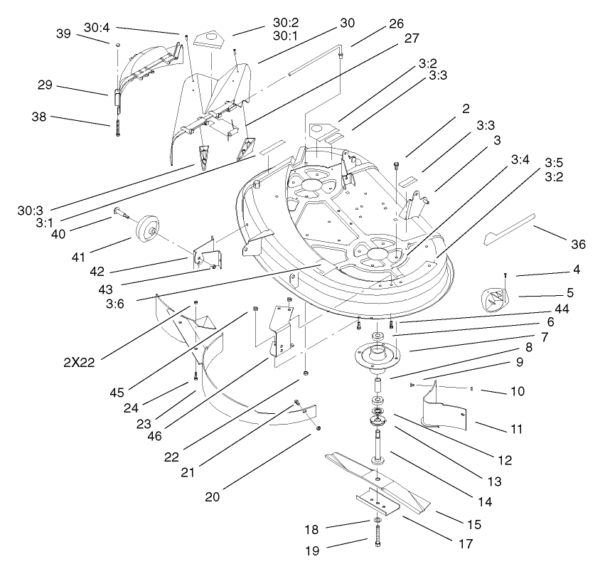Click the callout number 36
point(578,244)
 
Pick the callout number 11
point(516,429)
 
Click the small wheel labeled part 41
point(149,229)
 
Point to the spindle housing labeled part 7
point(378,353)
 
